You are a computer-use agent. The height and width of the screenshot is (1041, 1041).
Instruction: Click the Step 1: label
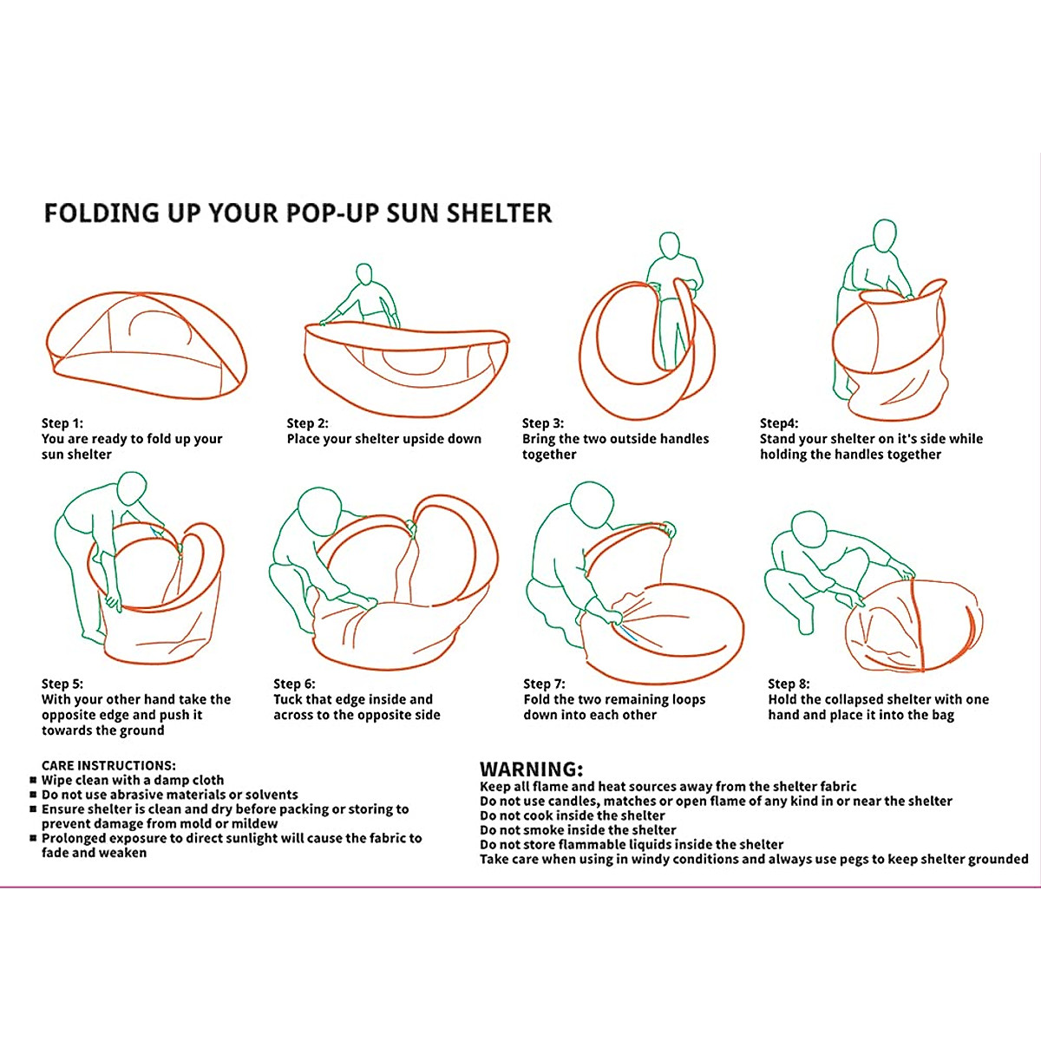62,423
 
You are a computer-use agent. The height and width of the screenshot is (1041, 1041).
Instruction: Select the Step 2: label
308,423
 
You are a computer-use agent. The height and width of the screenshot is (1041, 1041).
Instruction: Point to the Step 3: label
543,423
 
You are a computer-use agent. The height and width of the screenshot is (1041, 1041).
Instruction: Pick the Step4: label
779,423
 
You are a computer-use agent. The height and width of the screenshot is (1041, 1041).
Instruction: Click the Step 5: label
62,684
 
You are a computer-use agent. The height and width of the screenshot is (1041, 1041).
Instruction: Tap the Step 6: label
294,684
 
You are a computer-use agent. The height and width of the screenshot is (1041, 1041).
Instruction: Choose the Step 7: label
544,684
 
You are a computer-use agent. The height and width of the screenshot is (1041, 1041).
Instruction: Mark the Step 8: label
789,684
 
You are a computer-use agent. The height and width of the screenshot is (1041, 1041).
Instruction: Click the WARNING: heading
532,769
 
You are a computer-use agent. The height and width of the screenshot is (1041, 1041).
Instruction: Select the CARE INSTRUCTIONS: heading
108,765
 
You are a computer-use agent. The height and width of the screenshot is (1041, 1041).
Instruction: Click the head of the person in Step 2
364,274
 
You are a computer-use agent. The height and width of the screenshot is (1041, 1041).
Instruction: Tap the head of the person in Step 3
669,244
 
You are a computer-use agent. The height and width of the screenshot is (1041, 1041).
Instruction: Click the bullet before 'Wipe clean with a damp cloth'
33,780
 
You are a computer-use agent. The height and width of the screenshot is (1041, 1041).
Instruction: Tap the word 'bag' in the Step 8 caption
942,715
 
